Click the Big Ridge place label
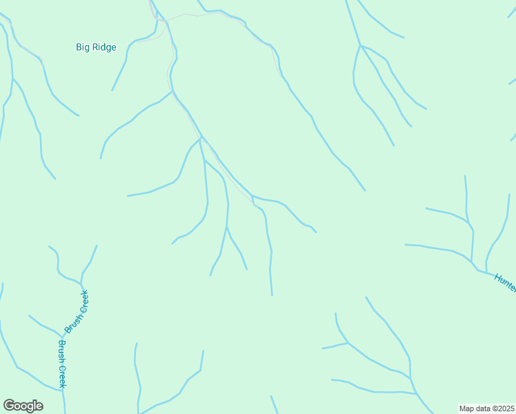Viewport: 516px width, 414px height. click(96, 48)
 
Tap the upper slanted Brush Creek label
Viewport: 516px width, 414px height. click(77, 313)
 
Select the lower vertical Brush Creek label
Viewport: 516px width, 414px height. click(61, 364)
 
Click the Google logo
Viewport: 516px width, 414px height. click(23, 406)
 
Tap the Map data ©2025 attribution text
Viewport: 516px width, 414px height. click(487, 408)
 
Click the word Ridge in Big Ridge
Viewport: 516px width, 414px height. click(105, 48)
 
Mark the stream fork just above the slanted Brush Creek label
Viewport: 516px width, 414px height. click(81, 282)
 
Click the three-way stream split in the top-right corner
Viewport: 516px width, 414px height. click(360, 46)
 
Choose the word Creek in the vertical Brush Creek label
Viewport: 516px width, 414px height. click(61, 375)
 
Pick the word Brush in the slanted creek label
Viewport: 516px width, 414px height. click(72, 322)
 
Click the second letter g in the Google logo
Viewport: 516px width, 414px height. click(30, 407)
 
